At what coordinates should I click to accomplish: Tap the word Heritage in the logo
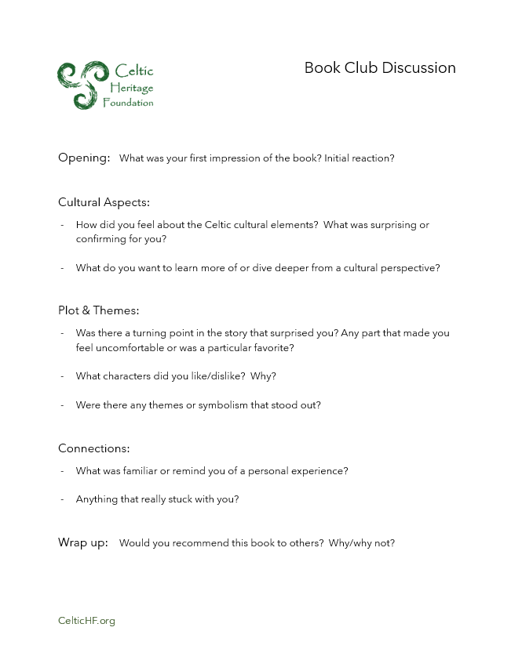coord(133,87)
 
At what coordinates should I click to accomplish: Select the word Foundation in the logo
coord(128,103)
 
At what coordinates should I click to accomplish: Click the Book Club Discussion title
coord(380,68)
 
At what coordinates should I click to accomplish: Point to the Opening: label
coord(84,158)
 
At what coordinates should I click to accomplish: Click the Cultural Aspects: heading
coord(104,202)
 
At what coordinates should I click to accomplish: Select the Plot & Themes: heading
coord(99,310)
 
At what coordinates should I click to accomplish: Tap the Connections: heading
coord(94,449)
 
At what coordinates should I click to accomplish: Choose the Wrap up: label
coord(83,542)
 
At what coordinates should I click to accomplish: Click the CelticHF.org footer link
coord(86,621)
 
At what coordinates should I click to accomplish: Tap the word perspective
coord(412,268)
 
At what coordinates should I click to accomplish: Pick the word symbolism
coord(228,405)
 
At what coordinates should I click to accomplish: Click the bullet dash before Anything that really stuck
coord(62,499)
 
